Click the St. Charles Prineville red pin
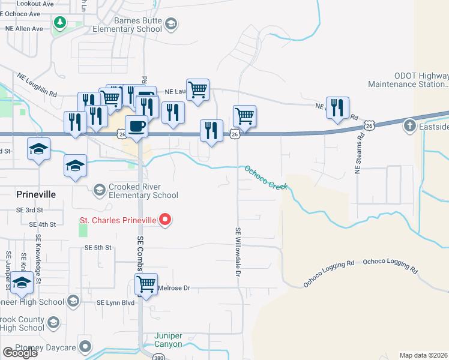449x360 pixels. (166, 220)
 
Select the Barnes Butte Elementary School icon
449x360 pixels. (171, 24)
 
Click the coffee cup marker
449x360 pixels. (136, 127)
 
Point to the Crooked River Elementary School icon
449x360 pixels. (99, 190)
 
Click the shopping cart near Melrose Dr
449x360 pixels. (146, 284)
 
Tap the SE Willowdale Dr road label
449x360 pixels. (238, 251)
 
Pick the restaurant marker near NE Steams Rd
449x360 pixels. (337, 108)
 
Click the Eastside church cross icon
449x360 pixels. (409, 125)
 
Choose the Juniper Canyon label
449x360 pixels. (168, 340)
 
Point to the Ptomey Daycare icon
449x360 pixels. (85, 346)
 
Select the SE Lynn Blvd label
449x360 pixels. (116, 302)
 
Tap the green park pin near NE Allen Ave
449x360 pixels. (59, 23)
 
